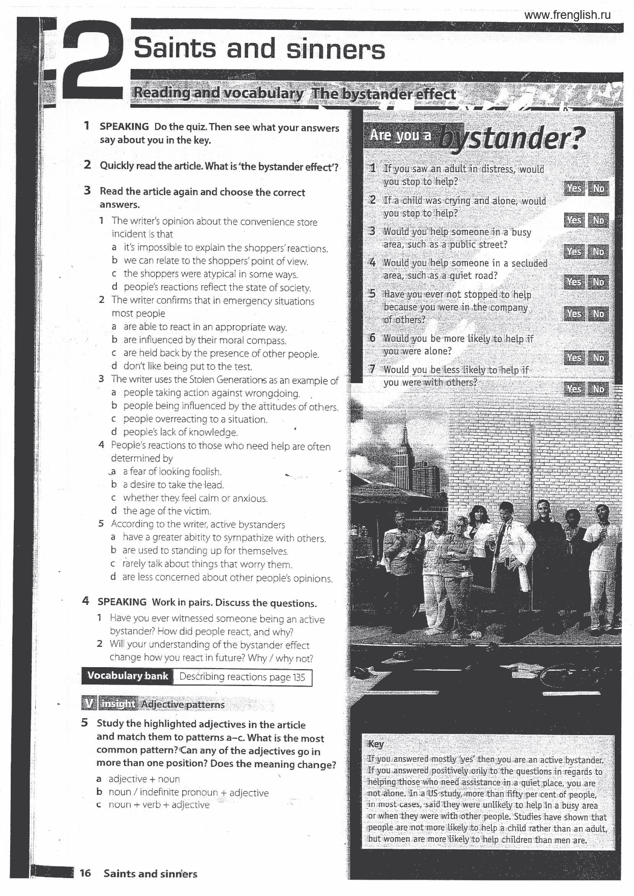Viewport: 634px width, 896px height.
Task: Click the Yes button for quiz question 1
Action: tap(574, 188)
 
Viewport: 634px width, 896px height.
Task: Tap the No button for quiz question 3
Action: tap(598, 251)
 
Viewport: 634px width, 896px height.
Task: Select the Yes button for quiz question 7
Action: tap(574, 389)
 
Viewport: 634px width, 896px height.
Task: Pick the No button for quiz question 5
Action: tap(598, 314)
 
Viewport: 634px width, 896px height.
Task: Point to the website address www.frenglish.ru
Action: tap(567, 15)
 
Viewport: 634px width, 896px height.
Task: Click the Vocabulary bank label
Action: tap(127, 676)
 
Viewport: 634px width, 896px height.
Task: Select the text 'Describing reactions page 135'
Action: tap(242, 677)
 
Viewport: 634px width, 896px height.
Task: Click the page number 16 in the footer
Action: tap(85, 873)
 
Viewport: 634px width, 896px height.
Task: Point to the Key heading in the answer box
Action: tap(376, 744)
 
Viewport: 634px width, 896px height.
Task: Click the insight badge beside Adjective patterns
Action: tap(117, 704)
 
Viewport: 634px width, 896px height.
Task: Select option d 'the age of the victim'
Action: tap(166, 511)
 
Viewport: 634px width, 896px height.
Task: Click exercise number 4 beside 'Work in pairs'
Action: tap(86, 601)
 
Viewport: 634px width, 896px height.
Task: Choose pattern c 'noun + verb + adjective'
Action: tap(158, 805)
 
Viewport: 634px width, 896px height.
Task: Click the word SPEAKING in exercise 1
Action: tap(124, 126)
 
